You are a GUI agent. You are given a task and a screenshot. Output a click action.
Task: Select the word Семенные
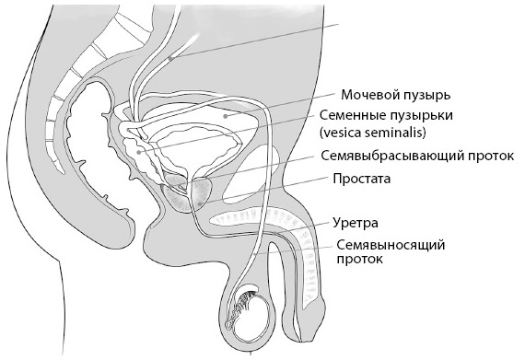[x=348, y=117]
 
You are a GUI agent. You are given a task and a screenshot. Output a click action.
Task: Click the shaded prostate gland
[x=189, y=196]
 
